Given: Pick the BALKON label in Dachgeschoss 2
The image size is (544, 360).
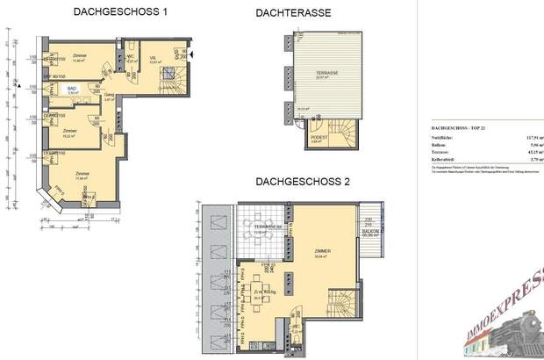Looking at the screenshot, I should click(x=372, y=231).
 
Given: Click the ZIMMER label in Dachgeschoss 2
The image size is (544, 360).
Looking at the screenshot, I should click(x=323, y=251).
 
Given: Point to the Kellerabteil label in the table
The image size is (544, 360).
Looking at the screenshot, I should click(x=446, y=159).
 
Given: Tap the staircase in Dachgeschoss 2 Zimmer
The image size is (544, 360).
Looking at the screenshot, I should click(x=340, y=302).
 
